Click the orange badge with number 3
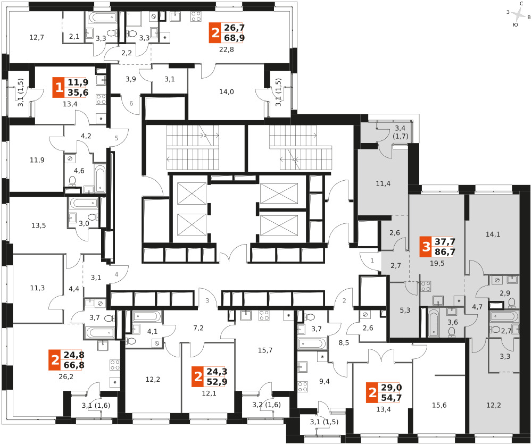tap(426, 247)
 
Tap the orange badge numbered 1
tap(59, 88)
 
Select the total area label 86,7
tap(445, 252)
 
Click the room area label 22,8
tap(226, 49)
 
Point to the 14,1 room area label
tap(493, 234)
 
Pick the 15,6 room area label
tap(439, 405)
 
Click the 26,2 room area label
tap(66, 376)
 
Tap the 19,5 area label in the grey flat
tap(437, 263)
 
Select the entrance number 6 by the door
tap(131, 104)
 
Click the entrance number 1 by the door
tap(372, 261)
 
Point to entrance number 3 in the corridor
tap(207, 300)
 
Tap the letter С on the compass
tap(521, 4)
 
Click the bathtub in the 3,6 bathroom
tap(433, 322)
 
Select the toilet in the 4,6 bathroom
tap(72, 181)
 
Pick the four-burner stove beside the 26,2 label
tap(115, 365)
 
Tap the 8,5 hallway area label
tap(344, 342)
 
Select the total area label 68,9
tap(234, 38)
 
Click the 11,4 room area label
tap(383, 183)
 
